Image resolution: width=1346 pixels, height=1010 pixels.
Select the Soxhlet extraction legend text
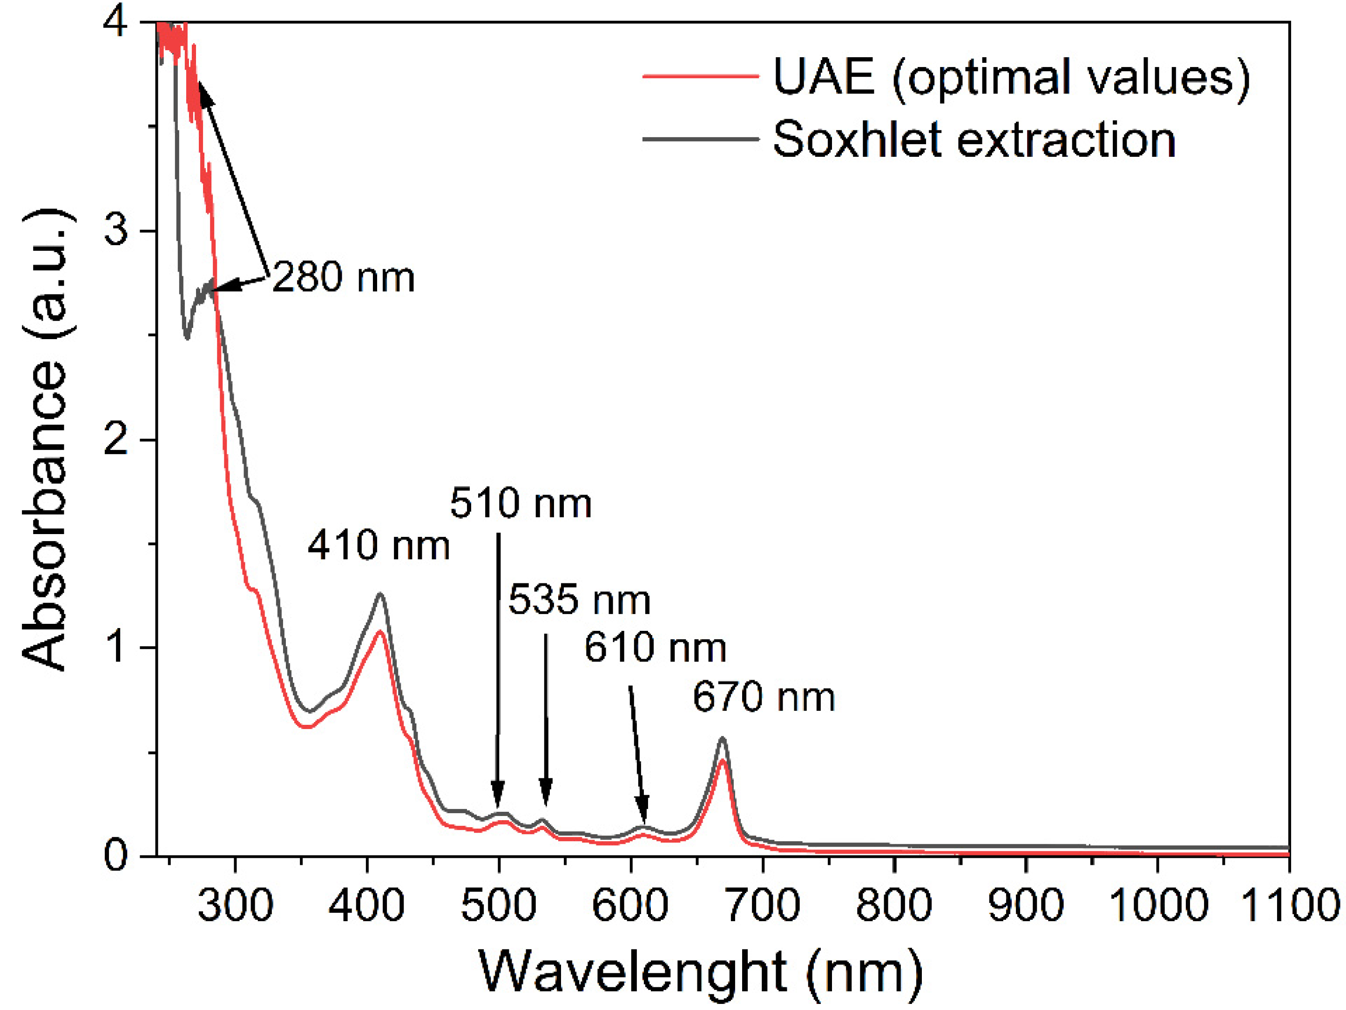[974, 140]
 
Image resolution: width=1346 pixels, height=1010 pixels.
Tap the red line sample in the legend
[700, 77]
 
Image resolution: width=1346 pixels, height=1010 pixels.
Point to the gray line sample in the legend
[700, 139]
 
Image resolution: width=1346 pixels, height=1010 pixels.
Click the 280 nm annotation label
[343, 278]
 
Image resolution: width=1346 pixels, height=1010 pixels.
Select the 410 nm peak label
[379, 545]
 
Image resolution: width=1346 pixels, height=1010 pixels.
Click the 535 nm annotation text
[579, 600]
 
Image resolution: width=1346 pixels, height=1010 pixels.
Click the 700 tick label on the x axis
[763, 905]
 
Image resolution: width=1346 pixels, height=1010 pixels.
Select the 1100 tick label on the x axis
[1289, 905]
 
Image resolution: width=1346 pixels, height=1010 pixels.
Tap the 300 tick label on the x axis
[235, 905]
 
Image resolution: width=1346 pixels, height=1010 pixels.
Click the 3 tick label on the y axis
[115, 231]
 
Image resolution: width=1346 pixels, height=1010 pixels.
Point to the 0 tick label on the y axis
[115, 856]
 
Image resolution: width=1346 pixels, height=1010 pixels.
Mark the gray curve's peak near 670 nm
[722, 738]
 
